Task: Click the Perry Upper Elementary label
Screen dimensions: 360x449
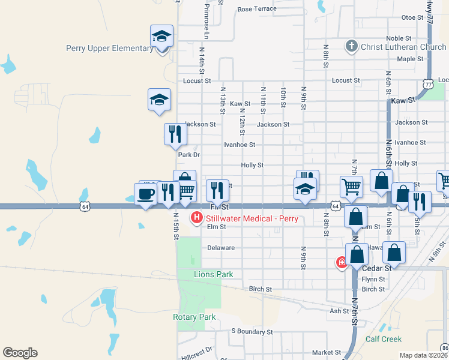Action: (109, 49)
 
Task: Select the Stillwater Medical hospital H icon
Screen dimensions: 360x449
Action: (196, 218)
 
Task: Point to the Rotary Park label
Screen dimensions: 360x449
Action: (194, 317)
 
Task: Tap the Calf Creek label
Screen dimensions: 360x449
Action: (384, 339)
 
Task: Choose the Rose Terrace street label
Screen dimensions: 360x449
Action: (256, 9)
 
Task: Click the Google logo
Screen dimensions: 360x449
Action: (20, 353)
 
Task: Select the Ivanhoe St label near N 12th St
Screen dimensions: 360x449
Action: (240, 145)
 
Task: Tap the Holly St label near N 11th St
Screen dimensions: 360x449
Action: (252, 164)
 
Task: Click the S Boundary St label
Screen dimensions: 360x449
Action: (252, 331)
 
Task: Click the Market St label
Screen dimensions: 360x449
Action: (326, 353)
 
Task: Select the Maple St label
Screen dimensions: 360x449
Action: (411, 59)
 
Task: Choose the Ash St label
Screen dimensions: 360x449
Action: (339, 311)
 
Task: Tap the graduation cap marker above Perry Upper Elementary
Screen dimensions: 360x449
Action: (162, 37)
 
